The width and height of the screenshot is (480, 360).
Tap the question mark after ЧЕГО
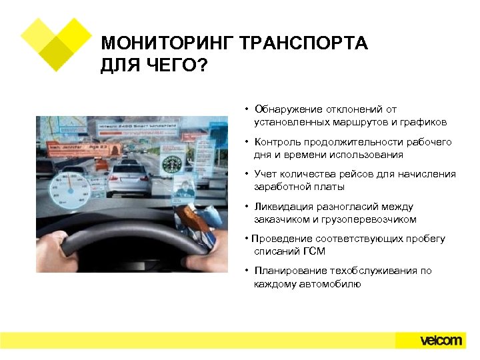tap(202, 67)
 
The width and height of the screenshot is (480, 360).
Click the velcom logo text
tap(441, 340)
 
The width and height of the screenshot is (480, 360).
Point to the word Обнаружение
tap(285, 109)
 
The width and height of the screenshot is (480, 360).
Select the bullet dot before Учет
tap(247, 175)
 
